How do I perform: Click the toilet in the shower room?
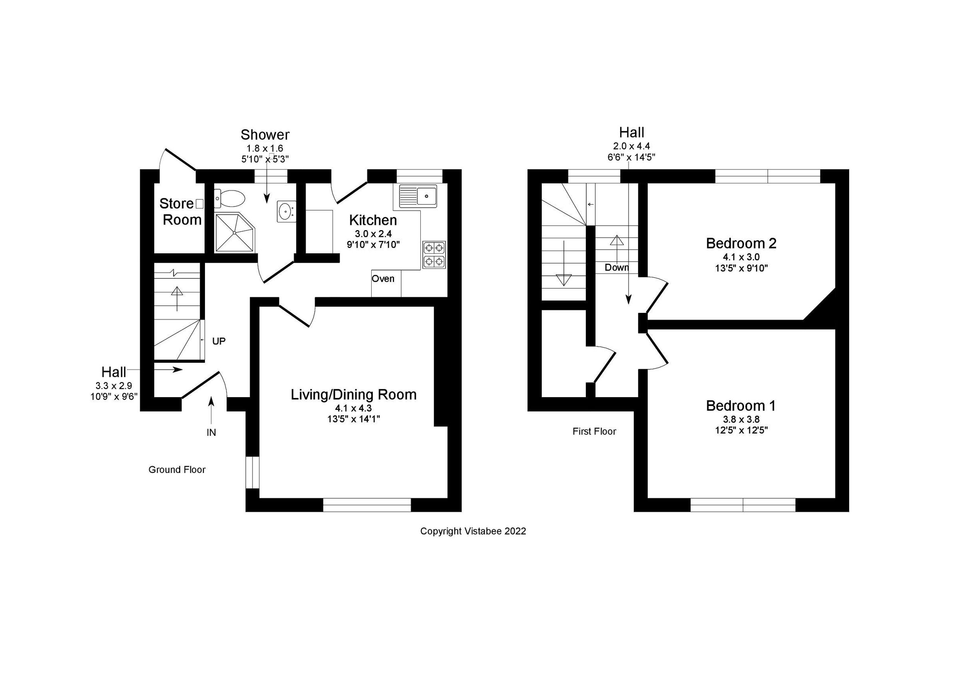229,199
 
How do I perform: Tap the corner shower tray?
234,232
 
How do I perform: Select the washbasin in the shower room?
286,211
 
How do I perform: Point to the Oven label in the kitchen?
383,278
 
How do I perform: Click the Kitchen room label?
373,220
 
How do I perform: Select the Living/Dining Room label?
354,395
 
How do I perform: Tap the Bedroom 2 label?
741,243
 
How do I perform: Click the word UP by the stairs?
219,341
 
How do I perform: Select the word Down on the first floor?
617,268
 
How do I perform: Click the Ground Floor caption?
177,470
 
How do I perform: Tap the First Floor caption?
594,431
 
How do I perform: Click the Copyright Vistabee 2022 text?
473,531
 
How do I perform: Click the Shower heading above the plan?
265,135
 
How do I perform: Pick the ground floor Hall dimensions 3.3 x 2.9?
113,386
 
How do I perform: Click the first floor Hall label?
631,132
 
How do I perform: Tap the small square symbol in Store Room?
200,204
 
